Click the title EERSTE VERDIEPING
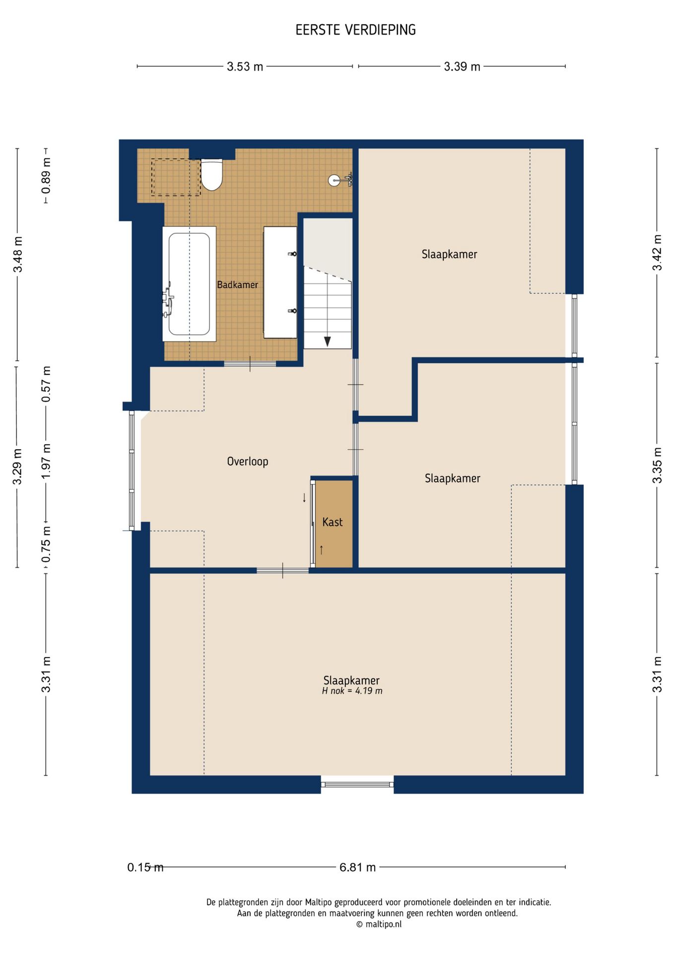tap(355, 30)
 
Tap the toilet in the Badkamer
tap(211, 175)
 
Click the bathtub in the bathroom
tap(189, 284)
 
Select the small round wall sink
tap(335, 180)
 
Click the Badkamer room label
tap(237, 284)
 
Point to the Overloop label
tap(247, 461)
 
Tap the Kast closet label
tap(333, 522)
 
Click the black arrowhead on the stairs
tap(328, 341)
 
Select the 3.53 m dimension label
tap(245, 67)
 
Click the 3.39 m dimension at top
tap(462, 67)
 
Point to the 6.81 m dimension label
tap(357, 867)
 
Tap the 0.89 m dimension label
tap(46, 176)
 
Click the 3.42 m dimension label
tap(657, 253)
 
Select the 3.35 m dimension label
tap(657, 465)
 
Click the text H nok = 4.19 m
tap(352, 691)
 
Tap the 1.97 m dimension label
tap(46, 461)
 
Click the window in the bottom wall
tap(357, 784)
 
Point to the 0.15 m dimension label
tap(145, 867)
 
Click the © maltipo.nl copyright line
tap(379, 924)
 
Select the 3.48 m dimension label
tap(18, 254)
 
